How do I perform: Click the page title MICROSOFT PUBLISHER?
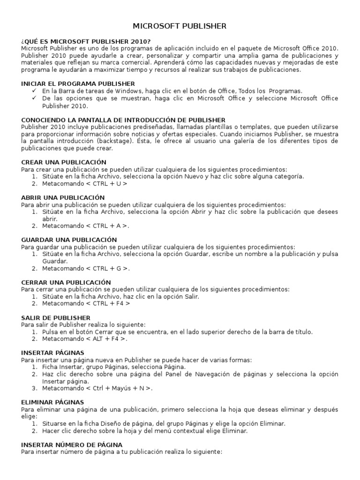tap(180, 26)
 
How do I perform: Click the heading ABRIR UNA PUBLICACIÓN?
tap(63, 198)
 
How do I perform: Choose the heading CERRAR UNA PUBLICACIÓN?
tap(66, 282)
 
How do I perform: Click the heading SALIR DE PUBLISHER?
tap(56, 317)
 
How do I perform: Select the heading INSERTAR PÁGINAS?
tap(52, 352)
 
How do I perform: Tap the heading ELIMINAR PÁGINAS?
tap(52, 402)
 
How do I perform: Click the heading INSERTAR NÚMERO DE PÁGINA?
tap(72, 444)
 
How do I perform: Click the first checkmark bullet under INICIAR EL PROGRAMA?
tap(34, 90)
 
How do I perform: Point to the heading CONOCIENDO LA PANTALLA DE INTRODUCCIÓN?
tap(123, 120)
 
